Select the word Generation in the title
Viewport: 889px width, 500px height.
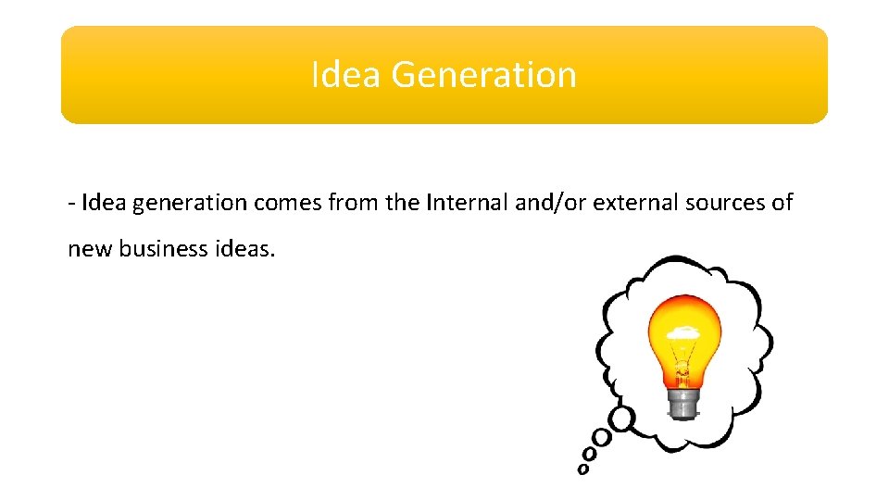(483, 75)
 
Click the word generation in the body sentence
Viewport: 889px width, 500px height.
(190, 204)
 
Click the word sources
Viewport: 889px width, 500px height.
(723, 204)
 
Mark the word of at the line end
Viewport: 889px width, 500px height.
(782, 203)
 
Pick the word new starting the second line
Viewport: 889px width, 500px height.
(89, 250)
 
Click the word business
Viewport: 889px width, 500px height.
(162, 249)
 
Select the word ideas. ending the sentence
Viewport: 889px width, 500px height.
(246, 249)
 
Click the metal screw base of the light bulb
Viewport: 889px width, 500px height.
(682, 404)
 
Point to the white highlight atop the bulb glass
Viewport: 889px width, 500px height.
(683, 331)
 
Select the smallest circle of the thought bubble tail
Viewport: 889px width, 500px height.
(582, 469)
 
